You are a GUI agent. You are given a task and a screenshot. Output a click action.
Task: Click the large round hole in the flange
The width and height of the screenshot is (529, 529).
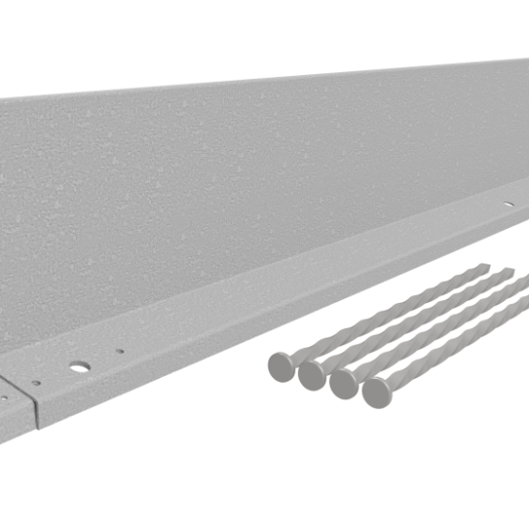[79, 366]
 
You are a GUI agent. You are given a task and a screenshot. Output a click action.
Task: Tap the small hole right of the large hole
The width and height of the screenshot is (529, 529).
[120, 351]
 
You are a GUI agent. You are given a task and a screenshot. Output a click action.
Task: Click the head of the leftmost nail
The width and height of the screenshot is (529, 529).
[282, 365]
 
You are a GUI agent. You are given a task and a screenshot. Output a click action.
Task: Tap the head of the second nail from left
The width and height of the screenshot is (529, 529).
[313, 374]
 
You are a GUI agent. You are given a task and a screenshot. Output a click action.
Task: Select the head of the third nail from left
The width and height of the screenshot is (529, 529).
[344, 383]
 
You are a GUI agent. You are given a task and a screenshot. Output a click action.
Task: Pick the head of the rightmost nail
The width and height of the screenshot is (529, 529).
[377, 391]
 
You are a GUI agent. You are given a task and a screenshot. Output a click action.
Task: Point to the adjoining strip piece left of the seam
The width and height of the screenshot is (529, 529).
[13, 409]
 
